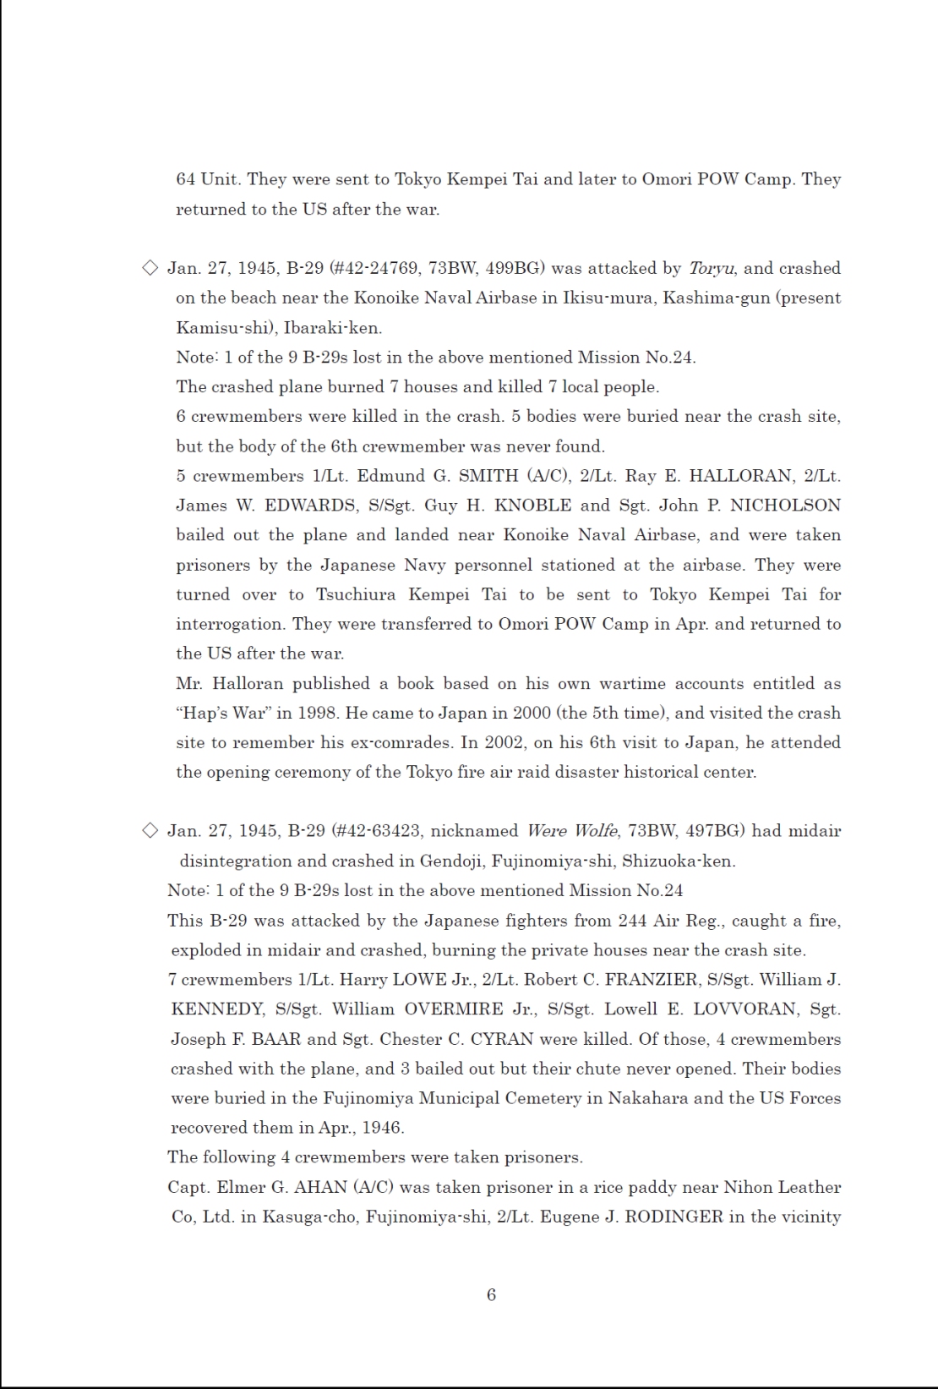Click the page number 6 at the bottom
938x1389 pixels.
tap(491, 1294)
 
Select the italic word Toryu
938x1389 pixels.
tap(712, 268)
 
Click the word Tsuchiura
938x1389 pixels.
tap(356, 594)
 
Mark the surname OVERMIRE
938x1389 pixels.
tap(454, 1009)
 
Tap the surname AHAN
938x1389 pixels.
tap(316, 1187)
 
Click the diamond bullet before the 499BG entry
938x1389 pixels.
tap(150, 268)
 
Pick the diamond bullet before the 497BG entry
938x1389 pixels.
tap(150, 830)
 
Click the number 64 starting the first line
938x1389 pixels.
tap(185, 179)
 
